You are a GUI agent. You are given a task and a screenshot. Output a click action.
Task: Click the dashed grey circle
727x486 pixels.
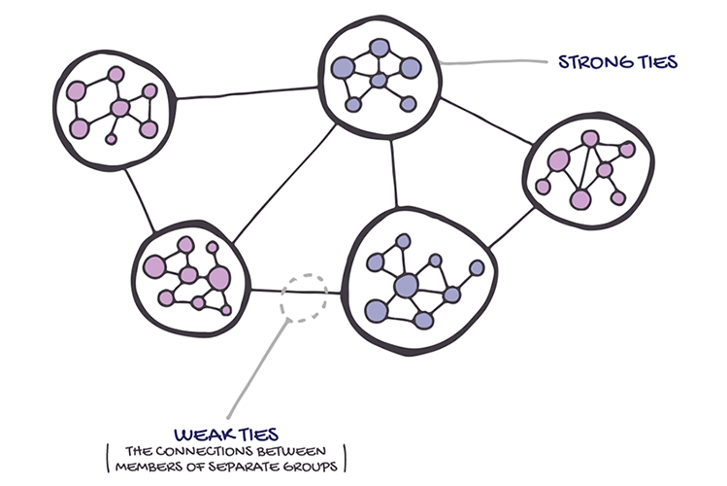pos(304,297)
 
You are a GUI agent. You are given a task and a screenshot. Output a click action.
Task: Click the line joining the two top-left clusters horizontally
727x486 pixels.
pos(248,93)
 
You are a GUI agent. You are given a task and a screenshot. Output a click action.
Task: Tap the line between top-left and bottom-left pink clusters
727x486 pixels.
pos(142,200)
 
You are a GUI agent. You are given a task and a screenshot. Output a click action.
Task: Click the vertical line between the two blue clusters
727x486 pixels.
pos(394,173)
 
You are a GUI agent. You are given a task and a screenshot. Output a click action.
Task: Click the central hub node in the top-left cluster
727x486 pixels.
pos(120,108)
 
